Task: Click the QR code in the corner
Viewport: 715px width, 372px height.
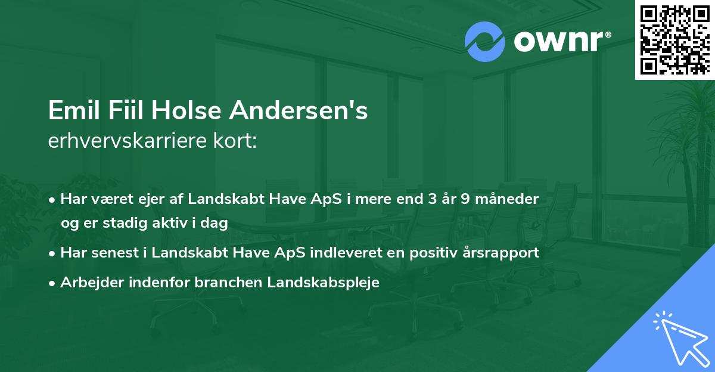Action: click(674, 39)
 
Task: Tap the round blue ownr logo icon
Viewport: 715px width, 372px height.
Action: click(485, 42)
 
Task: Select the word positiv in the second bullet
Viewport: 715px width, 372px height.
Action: click(430, 253)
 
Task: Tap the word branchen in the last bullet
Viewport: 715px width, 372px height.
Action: click(222, 283)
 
